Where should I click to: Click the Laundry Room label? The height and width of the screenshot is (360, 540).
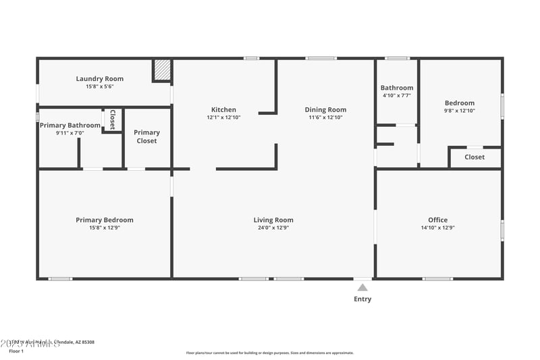(99, 79)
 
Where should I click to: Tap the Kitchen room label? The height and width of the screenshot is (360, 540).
(223, 109)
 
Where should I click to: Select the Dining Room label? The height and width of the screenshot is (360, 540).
(325, 109)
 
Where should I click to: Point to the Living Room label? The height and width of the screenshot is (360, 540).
(273, 220)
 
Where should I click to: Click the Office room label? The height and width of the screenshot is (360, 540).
(437, 220)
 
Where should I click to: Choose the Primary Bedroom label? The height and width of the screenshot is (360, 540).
(104, 220)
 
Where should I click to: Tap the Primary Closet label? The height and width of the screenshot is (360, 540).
(146, 136)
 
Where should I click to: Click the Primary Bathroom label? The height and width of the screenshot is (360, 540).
(70, 125)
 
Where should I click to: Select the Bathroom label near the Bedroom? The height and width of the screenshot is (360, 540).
(396, 88)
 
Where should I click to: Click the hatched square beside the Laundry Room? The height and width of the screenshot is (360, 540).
(162, 70)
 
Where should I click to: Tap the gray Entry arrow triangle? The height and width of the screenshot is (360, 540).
(362, 288)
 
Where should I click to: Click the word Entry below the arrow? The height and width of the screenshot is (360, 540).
(362, 299)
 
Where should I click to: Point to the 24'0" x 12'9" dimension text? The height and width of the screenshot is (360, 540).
(273, 228)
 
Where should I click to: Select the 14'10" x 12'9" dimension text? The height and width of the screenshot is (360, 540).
(437, 228)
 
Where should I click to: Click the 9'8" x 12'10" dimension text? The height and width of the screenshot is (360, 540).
(459, 111)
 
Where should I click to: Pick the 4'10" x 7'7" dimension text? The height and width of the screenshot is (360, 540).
(396, 96)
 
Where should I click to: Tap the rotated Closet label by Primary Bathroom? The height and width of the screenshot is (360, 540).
(112, 119)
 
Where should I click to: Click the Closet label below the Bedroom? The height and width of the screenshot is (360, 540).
(475, 157)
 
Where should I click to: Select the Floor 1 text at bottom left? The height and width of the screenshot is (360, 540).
(16, 351)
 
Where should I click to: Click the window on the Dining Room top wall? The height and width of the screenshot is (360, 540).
(321, 58)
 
